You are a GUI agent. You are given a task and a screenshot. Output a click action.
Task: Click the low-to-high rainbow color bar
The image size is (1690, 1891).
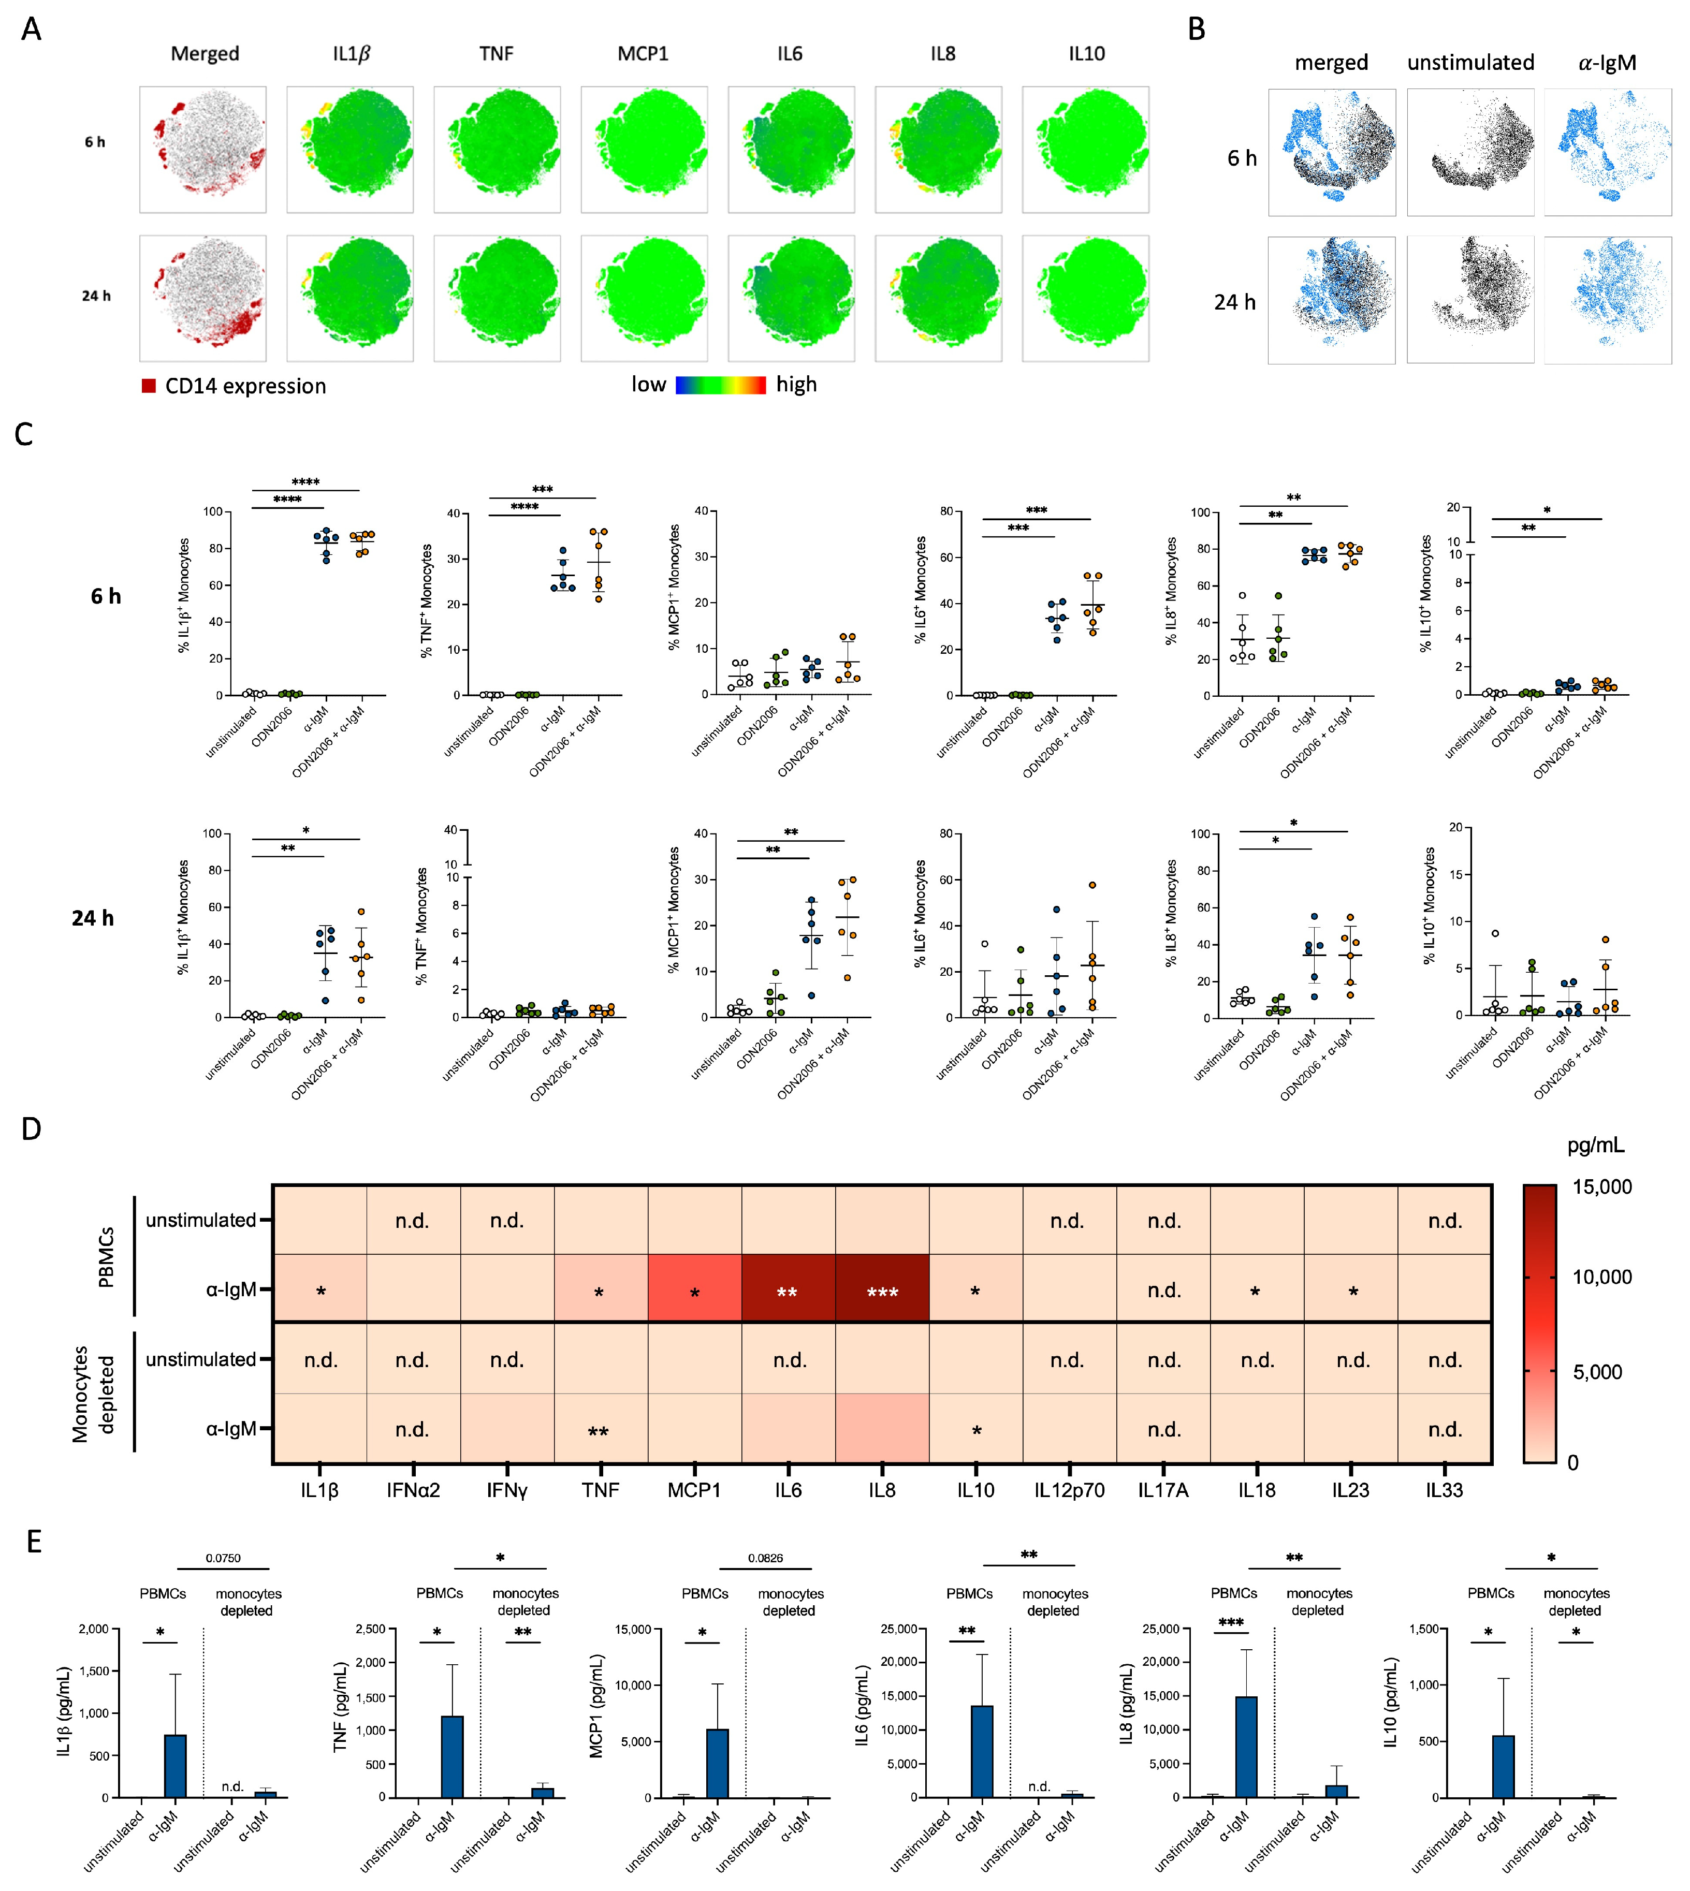point(721,384)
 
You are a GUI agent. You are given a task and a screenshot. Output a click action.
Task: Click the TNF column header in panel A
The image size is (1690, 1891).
point(496,54)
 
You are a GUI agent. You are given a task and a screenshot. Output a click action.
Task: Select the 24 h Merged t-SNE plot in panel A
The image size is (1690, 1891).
point(202,298)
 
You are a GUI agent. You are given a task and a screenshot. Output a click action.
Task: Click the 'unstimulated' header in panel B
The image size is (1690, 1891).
point(1470,63)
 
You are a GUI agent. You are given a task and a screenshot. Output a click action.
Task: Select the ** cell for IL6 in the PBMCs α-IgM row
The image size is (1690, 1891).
point(788,1291)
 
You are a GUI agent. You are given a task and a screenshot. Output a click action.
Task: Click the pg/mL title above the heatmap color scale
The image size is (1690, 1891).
point(1595,1146)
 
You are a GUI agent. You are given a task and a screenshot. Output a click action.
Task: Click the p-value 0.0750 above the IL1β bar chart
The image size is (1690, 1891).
point(223,1558)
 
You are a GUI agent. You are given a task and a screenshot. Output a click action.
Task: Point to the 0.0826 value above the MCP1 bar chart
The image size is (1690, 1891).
point(765,1558)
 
